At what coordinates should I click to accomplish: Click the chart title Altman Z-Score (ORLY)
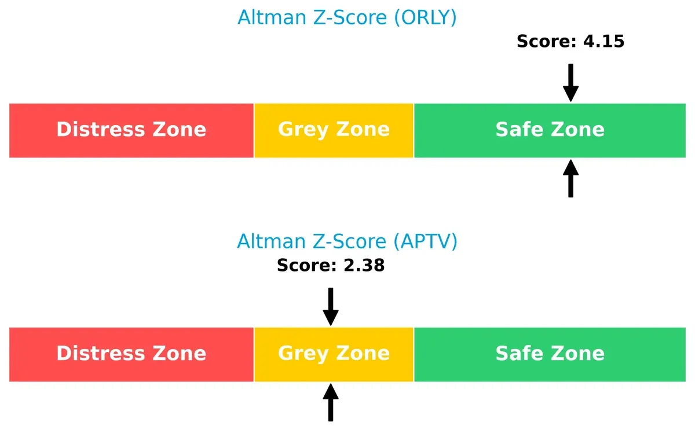pos(347,17)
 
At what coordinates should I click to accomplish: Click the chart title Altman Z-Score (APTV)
pos(347,241)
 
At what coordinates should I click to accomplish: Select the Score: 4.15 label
pos(570,41)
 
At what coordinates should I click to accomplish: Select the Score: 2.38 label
pos(331,265)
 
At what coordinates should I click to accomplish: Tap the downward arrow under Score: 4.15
pos(570,83)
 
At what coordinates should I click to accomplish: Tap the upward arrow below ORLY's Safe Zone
pos(570,179)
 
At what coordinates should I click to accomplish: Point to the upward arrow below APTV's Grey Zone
pos(331,403)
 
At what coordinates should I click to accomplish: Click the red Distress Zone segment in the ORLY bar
pos(131,130)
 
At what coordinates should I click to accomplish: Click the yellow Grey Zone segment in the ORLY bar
pos(334,130)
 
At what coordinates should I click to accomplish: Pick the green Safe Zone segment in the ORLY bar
pos(550,130)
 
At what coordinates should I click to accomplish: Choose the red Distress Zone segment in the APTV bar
pos(131,354)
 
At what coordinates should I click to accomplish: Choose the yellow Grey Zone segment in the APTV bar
pos(334,354)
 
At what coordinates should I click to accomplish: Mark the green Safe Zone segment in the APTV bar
pos(550,354)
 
